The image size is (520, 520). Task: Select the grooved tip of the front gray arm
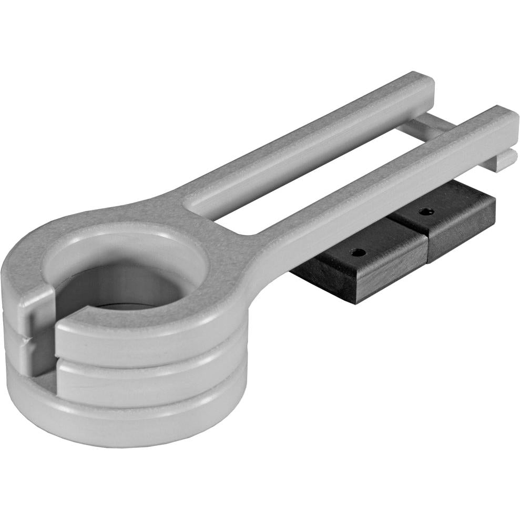coord(506,158)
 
